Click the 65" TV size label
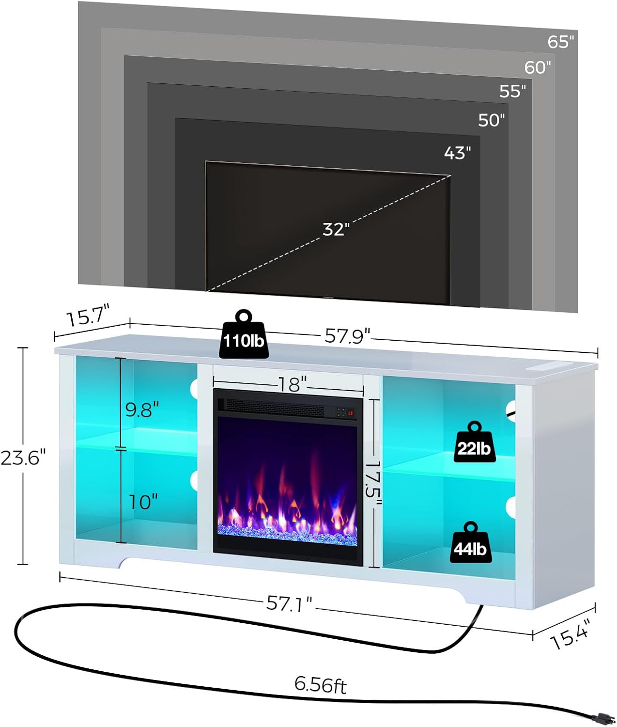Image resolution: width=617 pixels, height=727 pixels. click(561, 42)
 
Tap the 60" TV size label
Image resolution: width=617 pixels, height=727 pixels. click(538, 67)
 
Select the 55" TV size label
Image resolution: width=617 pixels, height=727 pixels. click(512, 91)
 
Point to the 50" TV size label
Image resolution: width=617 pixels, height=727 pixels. click(491, 120)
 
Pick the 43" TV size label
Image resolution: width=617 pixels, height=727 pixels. click(457, 153)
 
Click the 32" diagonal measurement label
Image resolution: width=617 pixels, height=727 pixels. click(336, 229)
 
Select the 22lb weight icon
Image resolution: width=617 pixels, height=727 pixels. click(474, 443)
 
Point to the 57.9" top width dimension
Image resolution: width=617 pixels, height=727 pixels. click(347, 335)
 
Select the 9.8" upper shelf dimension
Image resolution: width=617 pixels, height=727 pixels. click(142, 410)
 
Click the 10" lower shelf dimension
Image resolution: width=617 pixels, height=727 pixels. click(143, 502)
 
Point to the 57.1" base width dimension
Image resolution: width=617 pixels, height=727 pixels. click(289, 603)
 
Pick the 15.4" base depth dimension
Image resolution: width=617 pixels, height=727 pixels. click(570, 633)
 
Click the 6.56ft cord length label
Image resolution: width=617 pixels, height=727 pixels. click(320, 684)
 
